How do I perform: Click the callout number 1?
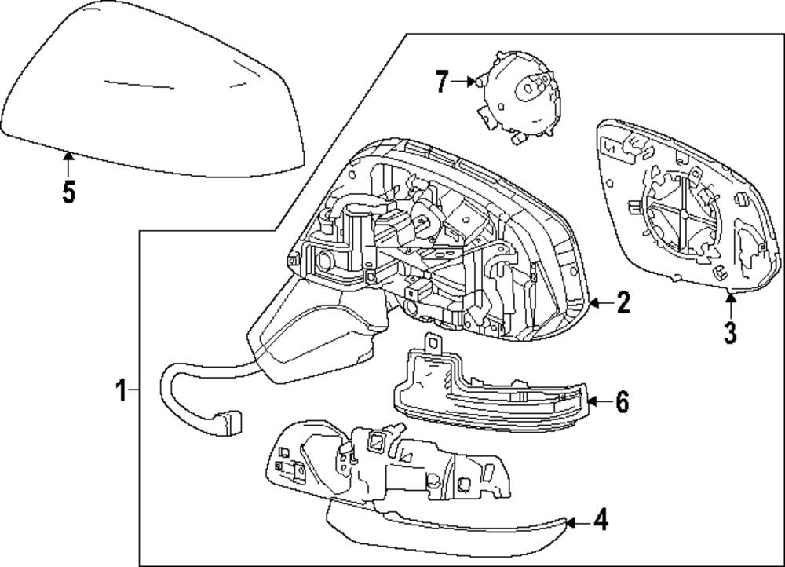(122, 390)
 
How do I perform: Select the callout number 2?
(623, 303)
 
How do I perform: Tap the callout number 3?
(730, 332)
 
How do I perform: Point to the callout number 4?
(600, 520)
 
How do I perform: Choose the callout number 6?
(622, 402)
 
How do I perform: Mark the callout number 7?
(442, 80)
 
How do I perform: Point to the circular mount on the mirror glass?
(681, 212)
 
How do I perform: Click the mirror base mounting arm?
(314, 330)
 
